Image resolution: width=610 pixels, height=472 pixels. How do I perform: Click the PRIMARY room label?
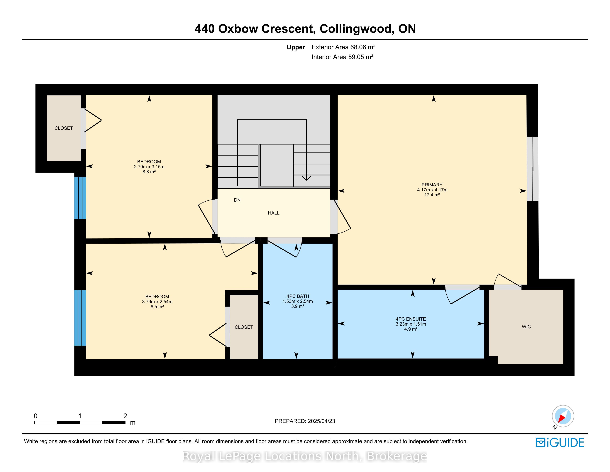point(432,185)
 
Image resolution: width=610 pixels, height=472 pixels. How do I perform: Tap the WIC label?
point(526,327)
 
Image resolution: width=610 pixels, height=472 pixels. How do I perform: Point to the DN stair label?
point(237,200)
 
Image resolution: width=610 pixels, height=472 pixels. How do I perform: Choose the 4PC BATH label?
point(298,296)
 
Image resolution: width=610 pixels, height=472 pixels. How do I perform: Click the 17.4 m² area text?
point(432,195)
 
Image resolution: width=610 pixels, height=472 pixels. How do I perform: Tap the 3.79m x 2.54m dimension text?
point(157,302)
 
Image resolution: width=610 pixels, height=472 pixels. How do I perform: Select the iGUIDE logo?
point(560,443)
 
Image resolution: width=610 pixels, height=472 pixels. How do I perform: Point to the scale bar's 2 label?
point(125,416)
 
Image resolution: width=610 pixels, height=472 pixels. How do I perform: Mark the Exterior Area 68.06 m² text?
point(343,47)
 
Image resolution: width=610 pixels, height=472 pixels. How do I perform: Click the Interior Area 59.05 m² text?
point(342,57)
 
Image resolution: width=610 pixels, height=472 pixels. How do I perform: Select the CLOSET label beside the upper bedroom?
point(64,128)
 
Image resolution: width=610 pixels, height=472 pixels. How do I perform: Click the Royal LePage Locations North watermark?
point(305,456)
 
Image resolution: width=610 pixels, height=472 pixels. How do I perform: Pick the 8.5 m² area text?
point(157,307)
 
